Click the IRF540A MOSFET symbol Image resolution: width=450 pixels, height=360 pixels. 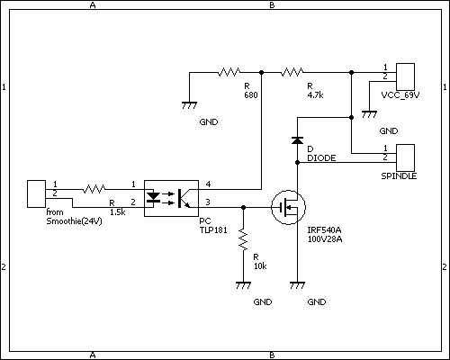coord(288,207)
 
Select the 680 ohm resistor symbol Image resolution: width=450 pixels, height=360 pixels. coord(229,72)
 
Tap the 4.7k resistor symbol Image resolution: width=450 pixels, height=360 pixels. coord(292,72)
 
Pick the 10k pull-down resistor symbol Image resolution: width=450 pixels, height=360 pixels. coord(243,239)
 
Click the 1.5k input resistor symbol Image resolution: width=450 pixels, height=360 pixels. coord(94,189)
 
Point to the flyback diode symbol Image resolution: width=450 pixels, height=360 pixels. coord(297,140)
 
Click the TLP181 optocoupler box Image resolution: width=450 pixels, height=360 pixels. coord(171,198)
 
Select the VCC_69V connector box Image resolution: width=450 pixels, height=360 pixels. coord(405,76)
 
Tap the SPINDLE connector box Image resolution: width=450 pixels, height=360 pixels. coord(405,157)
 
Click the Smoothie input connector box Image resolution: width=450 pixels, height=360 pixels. coord(36,193)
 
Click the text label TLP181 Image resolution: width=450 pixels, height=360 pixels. coord(213,230)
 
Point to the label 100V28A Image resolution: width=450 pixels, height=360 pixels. coord(325,239)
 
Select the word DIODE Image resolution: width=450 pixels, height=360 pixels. coord(321,158)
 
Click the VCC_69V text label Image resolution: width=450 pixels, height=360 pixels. coord(400,95)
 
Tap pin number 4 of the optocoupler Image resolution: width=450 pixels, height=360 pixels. coord(208,184)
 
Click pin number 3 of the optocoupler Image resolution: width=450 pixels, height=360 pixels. coord(208,202)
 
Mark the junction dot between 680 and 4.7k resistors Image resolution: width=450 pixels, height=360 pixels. coord(261,72)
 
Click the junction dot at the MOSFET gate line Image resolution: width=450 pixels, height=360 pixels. coord(243,207)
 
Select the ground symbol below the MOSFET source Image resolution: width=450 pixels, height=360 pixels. coord(297,285)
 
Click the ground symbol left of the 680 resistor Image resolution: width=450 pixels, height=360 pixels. coord(189,105)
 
